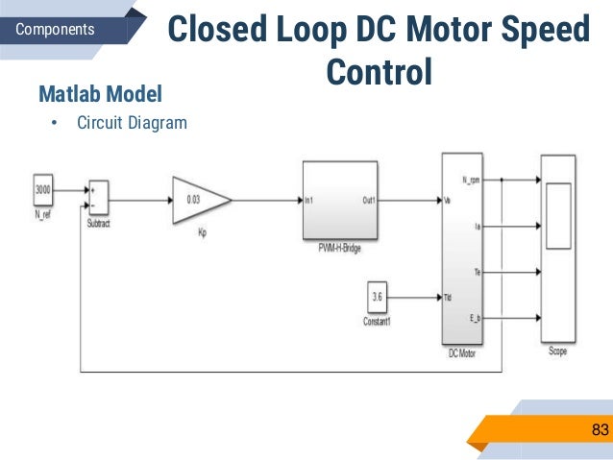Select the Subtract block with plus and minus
[x=97, y=197]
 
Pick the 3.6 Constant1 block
[x=379, y=298]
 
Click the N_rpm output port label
[x=471, y=180]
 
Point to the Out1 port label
[x=368, y=202]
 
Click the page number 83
[x=600, y=429]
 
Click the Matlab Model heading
[x=99, y=95]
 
